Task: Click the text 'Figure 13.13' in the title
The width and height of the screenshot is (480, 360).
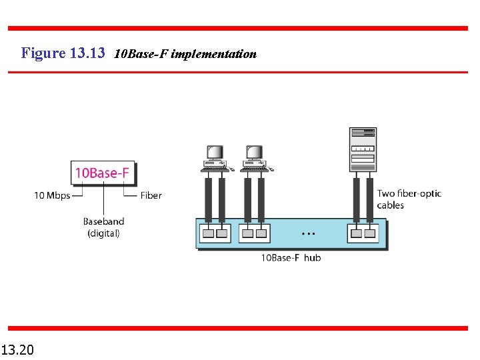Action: tap(63, 53)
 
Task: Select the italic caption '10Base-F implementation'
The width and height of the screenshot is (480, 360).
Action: tap(185, 54)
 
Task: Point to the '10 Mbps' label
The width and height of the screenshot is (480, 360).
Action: tap(52, 195)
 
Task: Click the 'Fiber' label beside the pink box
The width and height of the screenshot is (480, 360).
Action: tap(151, 195)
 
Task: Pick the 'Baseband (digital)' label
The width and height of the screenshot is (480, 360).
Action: tap(103, 227)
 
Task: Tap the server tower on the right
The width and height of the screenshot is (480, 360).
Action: tap(363, 149)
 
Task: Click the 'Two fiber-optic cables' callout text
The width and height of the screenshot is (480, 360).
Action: tap(409, 199)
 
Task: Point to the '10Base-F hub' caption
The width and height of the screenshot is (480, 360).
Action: tap(290, 257)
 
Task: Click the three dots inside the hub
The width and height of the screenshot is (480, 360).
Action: tap(308, 234)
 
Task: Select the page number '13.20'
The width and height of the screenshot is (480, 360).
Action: tap(19, 349)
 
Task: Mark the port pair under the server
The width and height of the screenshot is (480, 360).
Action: tap(362, 233)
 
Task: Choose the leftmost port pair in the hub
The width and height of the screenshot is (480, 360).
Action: tap(215, 233)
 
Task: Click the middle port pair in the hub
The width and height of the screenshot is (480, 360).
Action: tap(254, 233)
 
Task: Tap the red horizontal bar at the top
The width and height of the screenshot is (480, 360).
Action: tap(237, 28)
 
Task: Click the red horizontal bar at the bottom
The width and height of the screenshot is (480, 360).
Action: tap(237, 328)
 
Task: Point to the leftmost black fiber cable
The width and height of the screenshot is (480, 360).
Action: tap(208, 199)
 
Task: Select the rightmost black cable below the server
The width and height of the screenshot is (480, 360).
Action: tap(369, 199)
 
